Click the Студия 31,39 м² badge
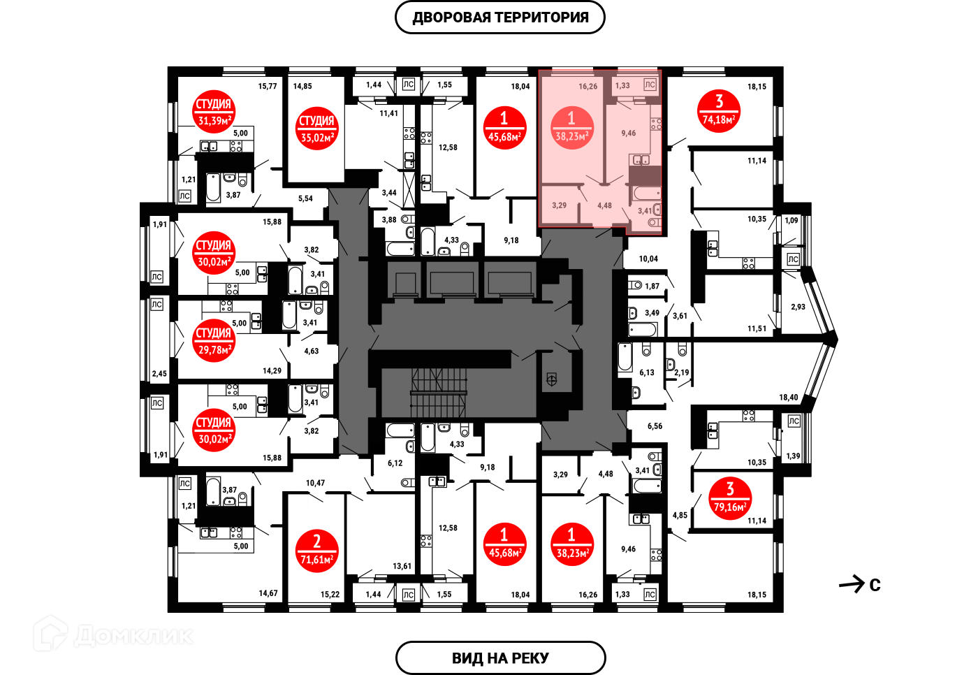point(214,112)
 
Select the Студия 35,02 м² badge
point(316,129)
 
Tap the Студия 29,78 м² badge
point(214,341)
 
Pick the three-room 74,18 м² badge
point(719,111)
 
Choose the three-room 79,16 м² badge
point(730,498)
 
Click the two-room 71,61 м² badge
point(316,551)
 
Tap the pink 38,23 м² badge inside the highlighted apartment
point(571,128)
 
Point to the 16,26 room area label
point(587,87)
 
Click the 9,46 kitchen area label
point(629,133)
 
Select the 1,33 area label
point(622,86)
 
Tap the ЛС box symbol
point(650,85)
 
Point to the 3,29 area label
point(559,205)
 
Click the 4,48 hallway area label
point(604,205)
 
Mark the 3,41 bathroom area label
point(644,210)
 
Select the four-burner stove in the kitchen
point(655,124)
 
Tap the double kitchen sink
point(641,160)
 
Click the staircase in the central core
point(438,393)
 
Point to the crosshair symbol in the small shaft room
point(551,379)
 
